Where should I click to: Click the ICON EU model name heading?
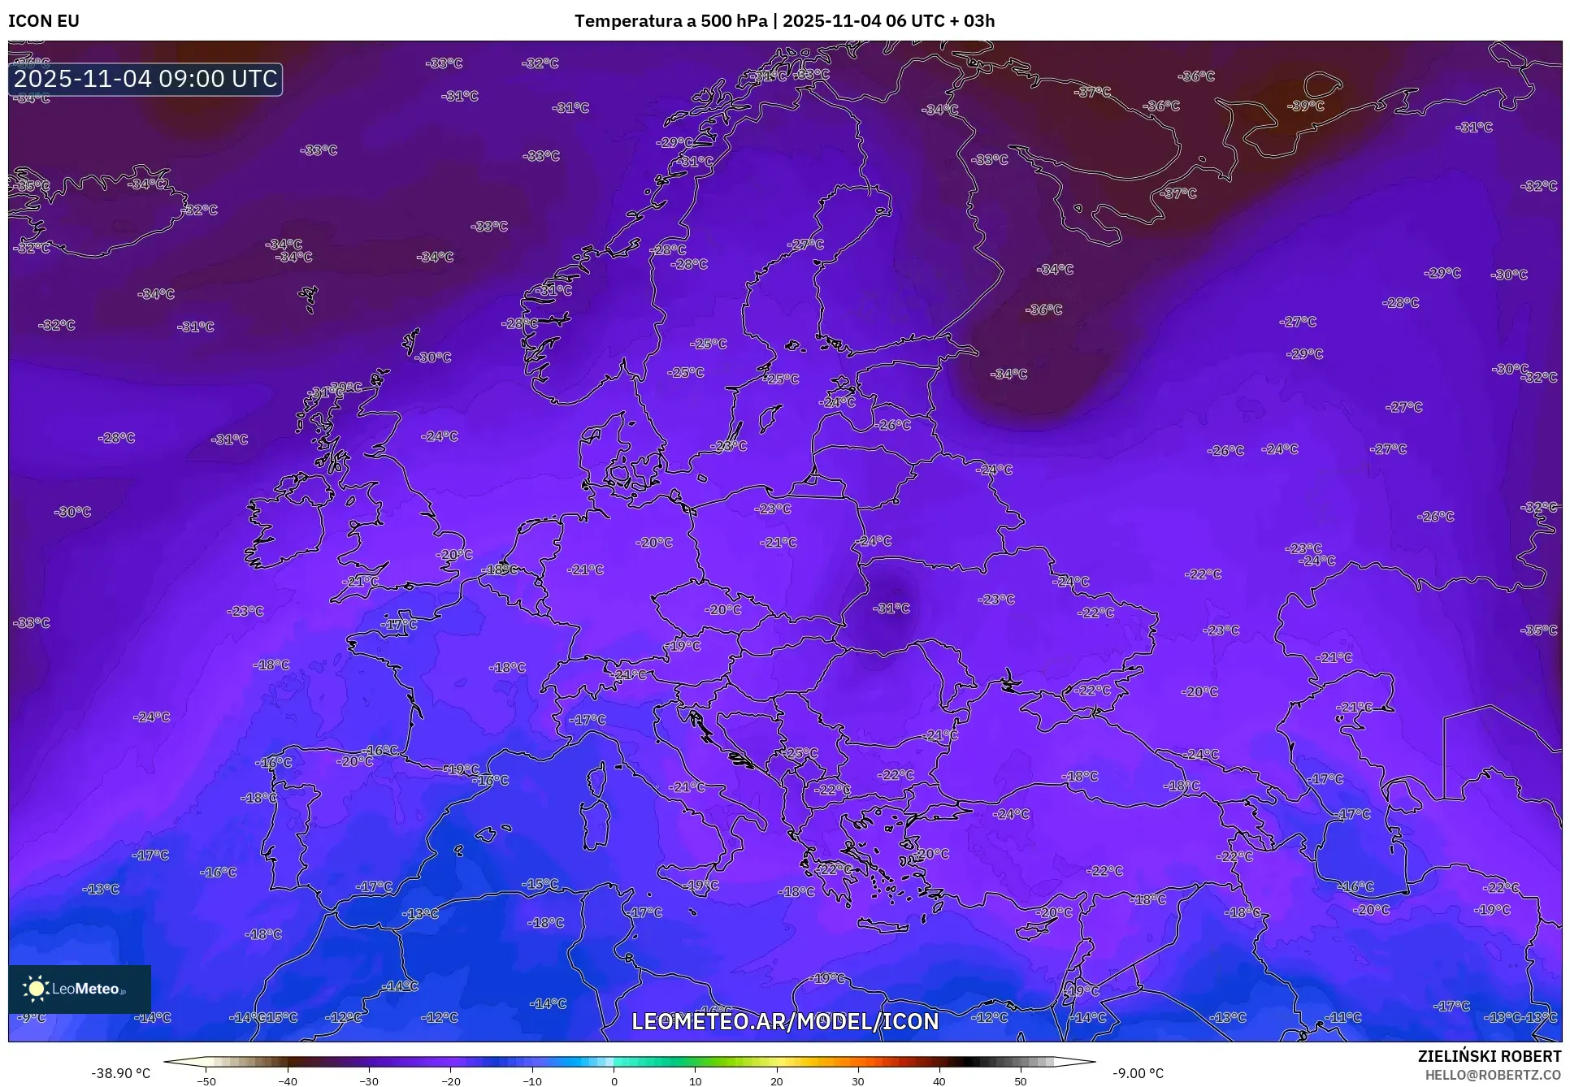click(44, 21)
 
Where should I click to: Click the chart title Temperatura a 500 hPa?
click(671, 21)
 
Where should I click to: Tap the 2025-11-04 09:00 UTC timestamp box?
click(146, 79)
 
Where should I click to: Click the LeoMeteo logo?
click(79, 989)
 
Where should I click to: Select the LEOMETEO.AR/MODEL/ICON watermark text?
click(785, 1021)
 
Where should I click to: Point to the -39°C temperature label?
click(1306, 106)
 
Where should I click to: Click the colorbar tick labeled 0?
click(614, 1081)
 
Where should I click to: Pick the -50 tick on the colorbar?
click(206, 1081)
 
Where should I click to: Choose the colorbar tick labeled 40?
click(939, 1081)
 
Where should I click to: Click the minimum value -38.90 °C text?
click(121, 1073)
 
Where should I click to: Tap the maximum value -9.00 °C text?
click(1138, 1073)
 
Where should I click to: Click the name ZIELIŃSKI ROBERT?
click(1489, 1057)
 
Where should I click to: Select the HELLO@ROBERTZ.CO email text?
click(1493, 1075)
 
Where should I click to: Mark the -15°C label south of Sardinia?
click(540, 884)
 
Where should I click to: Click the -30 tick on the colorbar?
click(369, 1081)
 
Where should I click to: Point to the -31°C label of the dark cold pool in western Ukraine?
click(891, 608)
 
